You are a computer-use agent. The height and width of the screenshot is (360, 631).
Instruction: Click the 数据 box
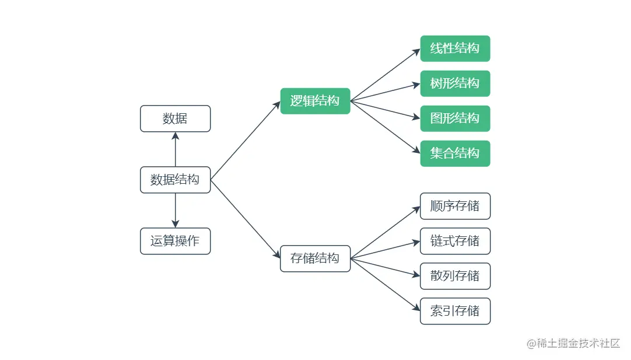pos(175,118)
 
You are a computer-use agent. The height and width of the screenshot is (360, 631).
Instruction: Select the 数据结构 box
pos(175,180)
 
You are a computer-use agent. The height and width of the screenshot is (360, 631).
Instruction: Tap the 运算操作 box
pos(175,241)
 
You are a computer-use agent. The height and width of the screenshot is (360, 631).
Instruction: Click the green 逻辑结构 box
pos(315,101)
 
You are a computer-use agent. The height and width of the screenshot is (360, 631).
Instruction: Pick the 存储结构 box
pos(315,258)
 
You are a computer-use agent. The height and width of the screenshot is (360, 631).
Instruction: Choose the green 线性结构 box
pos(455,48)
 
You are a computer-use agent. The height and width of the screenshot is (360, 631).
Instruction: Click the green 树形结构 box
pos(455,83)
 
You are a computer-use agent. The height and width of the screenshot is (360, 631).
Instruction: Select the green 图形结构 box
pos(455,118)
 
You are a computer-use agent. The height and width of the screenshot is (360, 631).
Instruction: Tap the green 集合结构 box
pos(455,153)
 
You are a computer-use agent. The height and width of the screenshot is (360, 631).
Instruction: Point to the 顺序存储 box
pos(455,206)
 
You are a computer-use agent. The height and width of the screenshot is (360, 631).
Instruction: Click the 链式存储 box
pos(455,241)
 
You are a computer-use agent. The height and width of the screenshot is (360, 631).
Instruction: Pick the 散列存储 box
pos(455,276)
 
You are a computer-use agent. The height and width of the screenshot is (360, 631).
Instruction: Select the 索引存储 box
pos(455,311)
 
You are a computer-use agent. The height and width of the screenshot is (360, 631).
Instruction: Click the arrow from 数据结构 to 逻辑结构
pos(245,141)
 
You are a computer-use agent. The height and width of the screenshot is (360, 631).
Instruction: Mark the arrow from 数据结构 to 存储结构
pos(245,219)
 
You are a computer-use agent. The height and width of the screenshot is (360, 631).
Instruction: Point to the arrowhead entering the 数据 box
pos(175,136)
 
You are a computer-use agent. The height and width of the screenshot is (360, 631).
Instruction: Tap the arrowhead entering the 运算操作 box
pos(175,224)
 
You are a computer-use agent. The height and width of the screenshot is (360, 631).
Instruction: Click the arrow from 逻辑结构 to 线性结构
pos(385,75)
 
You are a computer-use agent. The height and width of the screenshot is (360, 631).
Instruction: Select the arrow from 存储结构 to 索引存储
pos(385,285)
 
